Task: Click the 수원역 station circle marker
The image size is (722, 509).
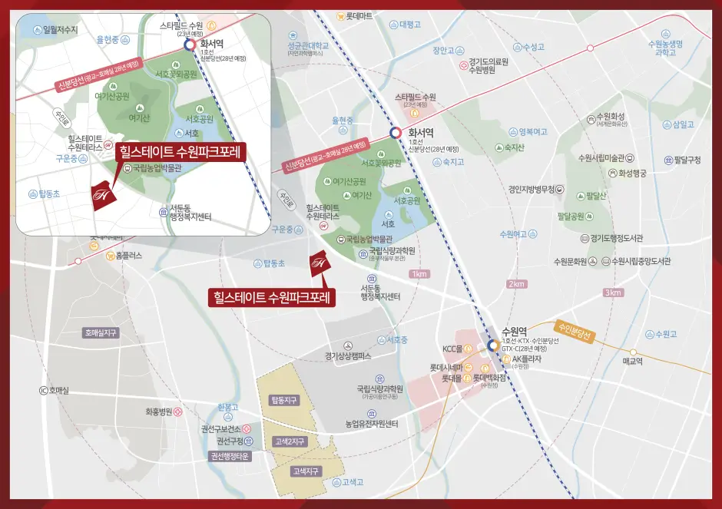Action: coord(492,345)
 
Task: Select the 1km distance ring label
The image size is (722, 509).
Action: coord(419,274)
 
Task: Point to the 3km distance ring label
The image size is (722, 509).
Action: coord(612,293)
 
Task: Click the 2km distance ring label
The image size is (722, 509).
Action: coord(516,284)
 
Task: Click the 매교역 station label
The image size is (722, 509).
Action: coord(632,359)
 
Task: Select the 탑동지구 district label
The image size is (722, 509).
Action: coord(283,401)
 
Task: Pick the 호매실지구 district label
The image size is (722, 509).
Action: coord(101,333)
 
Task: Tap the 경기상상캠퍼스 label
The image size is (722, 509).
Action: coord(348,356)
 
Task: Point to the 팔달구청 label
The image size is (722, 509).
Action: coord(687,160)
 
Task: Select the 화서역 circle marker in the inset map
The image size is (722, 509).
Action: coord(189,45)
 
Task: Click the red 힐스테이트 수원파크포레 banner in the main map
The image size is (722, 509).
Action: coord(273,297)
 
